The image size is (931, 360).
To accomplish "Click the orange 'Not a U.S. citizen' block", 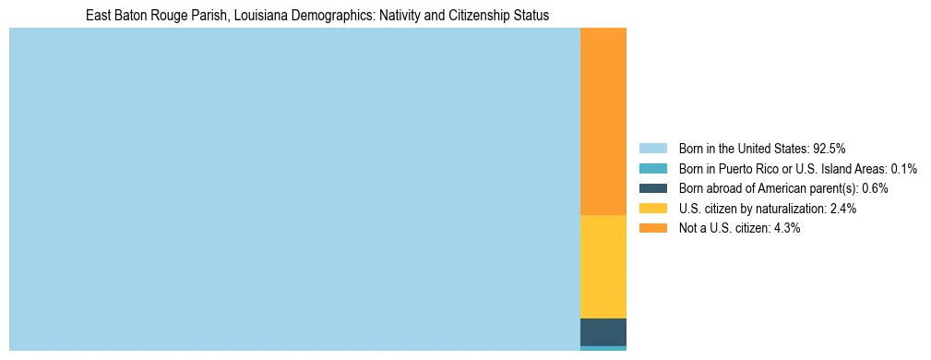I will point(603,121).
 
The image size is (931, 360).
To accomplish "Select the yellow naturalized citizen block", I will point(603,266).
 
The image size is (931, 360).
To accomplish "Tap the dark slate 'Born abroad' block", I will point(603,331).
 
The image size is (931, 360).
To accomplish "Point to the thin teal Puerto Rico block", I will point(603,348).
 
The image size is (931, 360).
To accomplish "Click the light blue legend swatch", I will point(652,149).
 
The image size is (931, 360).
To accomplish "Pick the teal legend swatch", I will point(652,169).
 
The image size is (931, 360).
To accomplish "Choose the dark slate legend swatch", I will point(652,188).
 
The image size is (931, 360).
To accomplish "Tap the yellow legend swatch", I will point(652,209).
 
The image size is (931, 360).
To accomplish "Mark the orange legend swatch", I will point(652,228).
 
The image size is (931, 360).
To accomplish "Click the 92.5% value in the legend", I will point(830,149).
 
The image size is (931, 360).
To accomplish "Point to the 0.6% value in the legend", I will point(875,188).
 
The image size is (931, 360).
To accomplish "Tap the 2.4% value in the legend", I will point(843,209).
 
